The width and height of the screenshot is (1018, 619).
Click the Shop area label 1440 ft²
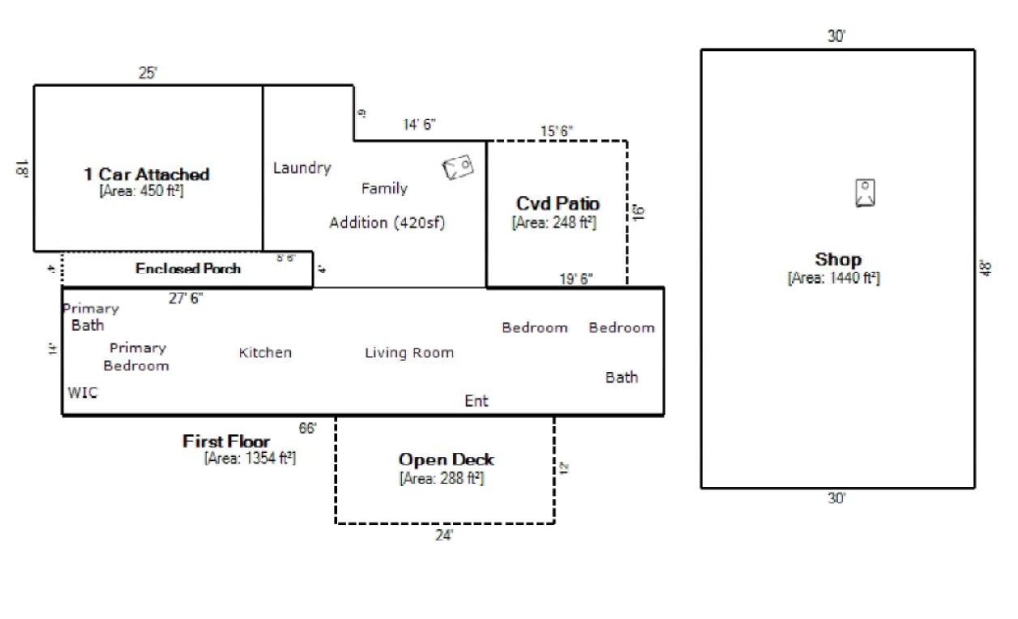tap(833, 278)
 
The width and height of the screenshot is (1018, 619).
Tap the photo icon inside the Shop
tap(865, 193)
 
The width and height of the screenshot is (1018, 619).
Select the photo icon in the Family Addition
tap(458, 167)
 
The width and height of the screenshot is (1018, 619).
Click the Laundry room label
tap(302, 169)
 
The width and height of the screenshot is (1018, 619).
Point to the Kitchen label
tap(265, 353)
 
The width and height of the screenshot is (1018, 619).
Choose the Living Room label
tap(408, 353)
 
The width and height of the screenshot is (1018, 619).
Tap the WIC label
tap(82, 393)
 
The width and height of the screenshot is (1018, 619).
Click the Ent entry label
tap(477, 401)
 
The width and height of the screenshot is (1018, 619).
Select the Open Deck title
tap(446, 459)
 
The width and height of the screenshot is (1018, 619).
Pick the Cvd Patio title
tap(558, 203)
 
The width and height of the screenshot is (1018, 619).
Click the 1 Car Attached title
tap(147, 174)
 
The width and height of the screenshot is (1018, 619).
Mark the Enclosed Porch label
tap(188, 269)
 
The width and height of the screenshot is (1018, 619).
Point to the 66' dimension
tap(308, 429)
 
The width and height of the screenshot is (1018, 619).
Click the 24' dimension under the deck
tap(444, 536)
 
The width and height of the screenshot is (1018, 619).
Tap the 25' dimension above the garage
tap(148, 73)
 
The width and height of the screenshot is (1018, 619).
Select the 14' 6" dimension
tap(420, 125)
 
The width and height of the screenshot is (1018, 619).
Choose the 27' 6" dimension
tap(186, 298)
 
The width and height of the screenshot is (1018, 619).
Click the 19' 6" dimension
tap(576, 280)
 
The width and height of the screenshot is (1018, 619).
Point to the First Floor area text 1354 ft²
tap(250, 458)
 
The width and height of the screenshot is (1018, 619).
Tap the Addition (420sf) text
tap(387, 223)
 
